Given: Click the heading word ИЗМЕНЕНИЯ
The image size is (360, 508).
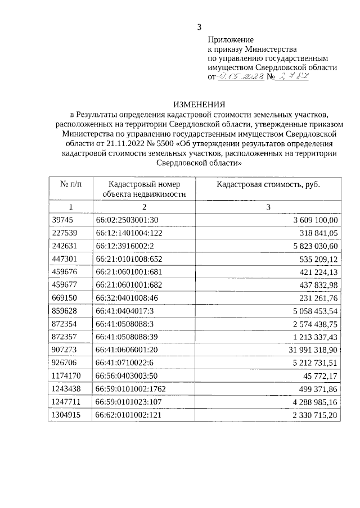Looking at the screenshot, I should tap(199, 105).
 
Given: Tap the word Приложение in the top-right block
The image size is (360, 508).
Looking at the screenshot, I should tap(231, 40).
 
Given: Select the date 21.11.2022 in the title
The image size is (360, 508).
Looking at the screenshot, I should tap(107, 143).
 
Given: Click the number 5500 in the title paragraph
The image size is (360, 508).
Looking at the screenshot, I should tap(155, 143).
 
